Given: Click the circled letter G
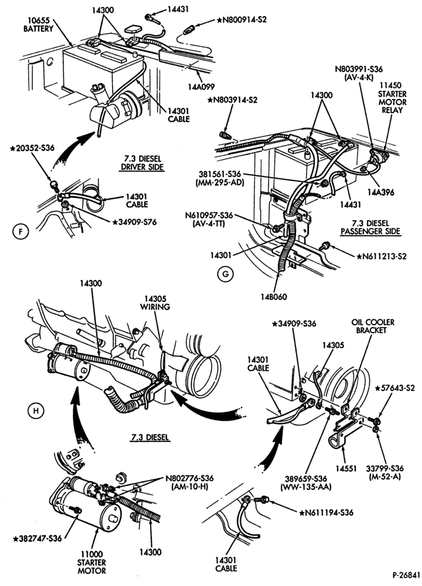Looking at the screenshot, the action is point(225,274).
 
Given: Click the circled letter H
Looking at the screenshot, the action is point(36,411).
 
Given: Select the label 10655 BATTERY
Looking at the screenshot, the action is point(39,25).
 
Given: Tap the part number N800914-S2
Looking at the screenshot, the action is point(241,19).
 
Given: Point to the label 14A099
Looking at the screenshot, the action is point(202,87).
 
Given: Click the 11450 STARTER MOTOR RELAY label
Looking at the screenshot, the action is point(392,98).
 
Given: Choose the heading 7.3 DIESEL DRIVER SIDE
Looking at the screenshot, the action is point(142,163).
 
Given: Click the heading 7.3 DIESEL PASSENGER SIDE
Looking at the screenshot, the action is point(370,227).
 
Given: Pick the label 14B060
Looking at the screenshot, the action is point(274,297).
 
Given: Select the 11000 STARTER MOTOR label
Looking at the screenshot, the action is point(91,563).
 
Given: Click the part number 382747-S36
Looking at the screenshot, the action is point(37,539).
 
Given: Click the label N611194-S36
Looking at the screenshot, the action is point(326,512).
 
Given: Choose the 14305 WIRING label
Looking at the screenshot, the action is point(155,303).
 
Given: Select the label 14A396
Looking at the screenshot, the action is point(380,192).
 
